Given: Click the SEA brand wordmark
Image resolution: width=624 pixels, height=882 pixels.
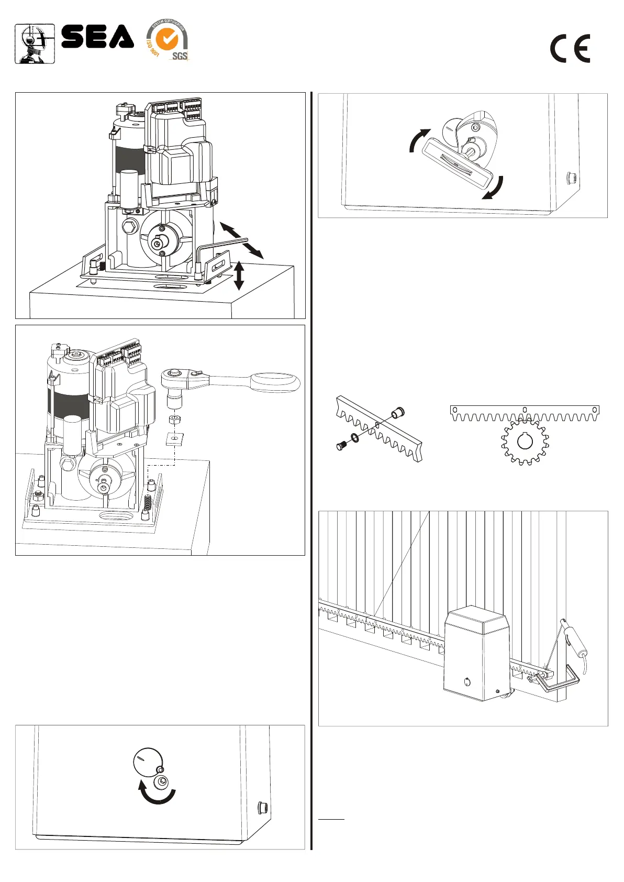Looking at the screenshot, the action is coord(97,37).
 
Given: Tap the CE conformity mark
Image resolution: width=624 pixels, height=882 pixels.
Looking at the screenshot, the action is coord(570,49).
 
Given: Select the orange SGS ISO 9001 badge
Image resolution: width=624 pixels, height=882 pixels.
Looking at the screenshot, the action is coord(167,41).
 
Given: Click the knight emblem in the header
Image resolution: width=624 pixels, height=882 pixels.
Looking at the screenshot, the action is coord(35,44).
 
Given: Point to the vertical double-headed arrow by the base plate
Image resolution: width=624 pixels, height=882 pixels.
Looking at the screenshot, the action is coord(239,275).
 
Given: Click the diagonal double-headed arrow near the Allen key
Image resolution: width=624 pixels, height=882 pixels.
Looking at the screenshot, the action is coord(241,240).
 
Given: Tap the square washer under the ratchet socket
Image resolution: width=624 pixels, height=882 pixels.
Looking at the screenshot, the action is coord(175,438).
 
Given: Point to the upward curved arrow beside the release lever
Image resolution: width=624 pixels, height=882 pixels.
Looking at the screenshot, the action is coord(418,140).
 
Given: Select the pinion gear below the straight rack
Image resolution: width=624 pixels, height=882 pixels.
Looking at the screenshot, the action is coord(525,443).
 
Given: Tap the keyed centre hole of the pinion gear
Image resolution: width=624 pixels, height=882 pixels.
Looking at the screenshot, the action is coord(525,441).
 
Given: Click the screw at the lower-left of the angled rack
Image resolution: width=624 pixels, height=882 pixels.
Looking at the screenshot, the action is coord(341,447).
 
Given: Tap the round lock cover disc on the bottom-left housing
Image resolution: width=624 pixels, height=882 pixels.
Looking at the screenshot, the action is coord(148,762).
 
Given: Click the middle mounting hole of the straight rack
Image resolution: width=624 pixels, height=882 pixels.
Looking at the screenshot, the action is coord(525,410).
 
